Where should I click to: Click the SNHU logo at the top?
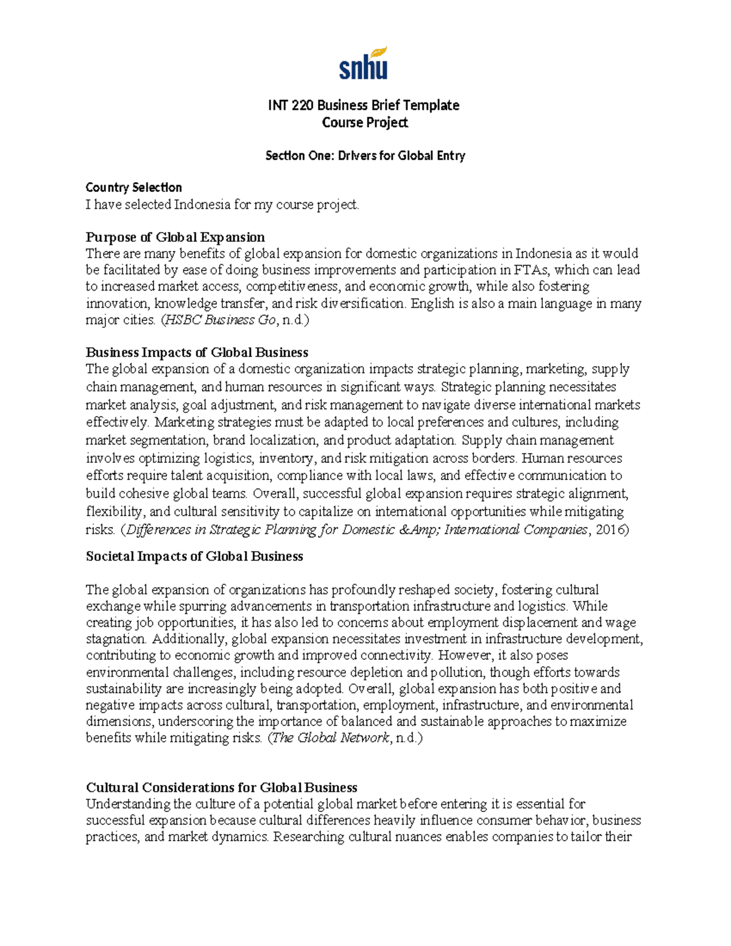coord(363,63)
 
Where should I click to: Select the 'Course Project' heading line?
coord(364,122)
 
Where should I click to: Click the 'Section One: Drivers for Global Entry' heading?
coord(364,156)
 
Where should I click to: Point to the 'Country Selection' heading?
coord(133,187)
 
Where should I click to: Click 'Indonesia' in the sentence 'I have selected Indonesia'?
coord(203,205)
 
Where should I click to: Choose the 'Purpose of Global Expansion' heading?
coord(175,237)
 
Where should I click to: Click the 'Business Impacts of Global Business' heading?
coord(197,352)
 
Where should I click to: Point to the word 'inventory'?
coord(286,458)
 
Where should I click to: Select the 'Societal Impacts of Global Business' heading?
coord(194,556)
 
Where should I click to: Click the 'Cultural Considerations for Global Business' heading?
coord(221,787)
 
